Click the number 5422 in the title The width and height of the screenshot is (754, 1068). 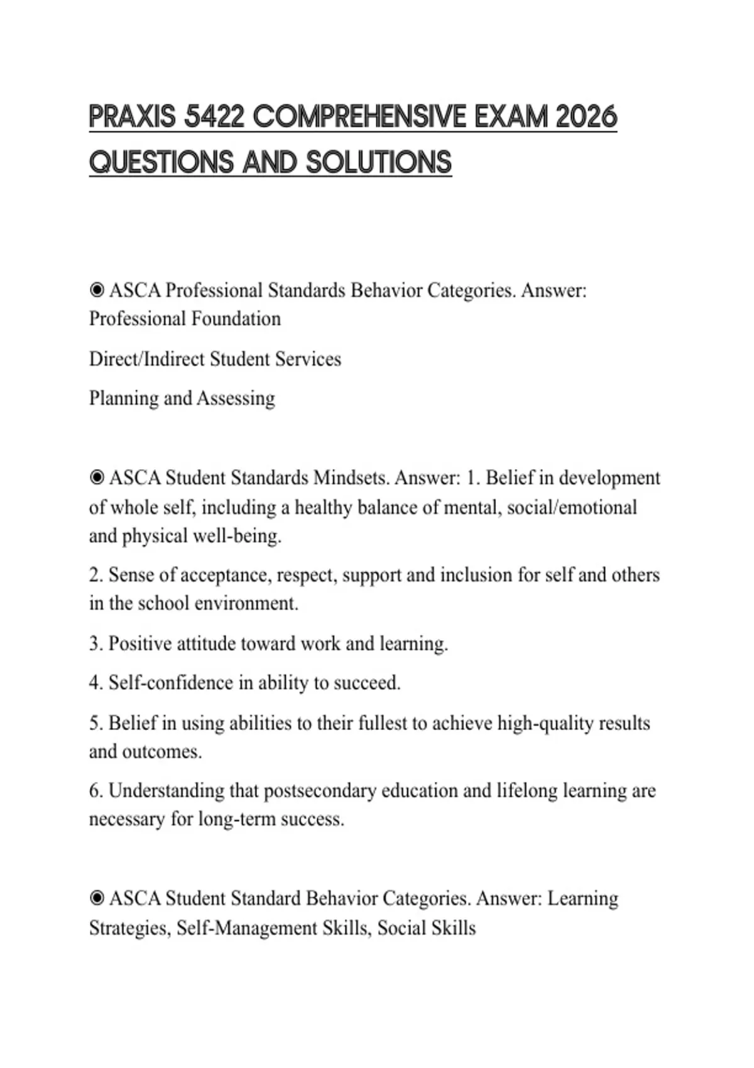click(x=215, y=117)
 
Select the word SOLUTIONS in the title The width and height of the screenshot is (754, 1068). click(x=379, y=163)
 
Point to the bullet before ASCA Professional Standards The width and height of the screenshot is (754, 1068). click(x=97, y=290)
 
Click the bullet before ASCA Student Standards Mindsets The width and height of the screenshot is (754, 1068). click(x=97, y=478)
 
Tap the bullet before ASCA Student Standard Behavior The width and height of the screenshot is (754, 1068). click(x=97, y=898)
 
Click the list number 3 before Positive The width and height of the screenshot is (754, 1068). click(x=96, y=644)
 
